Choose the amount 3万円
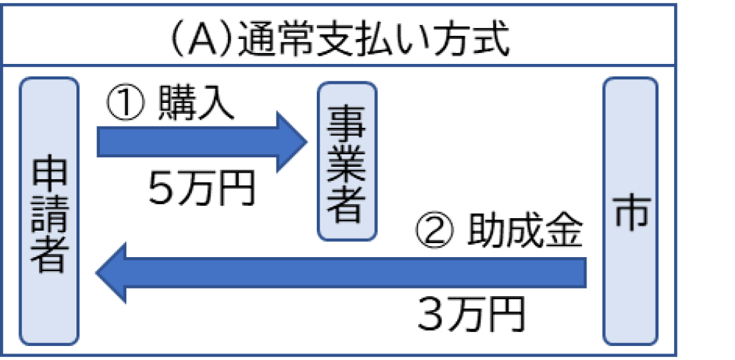click(x=471, y=314)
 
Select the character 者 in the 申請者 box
click(x=49, y=255)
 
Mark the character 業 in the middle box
click(x=347, y=162)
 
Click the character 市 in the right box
click(x=630, y=212)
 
